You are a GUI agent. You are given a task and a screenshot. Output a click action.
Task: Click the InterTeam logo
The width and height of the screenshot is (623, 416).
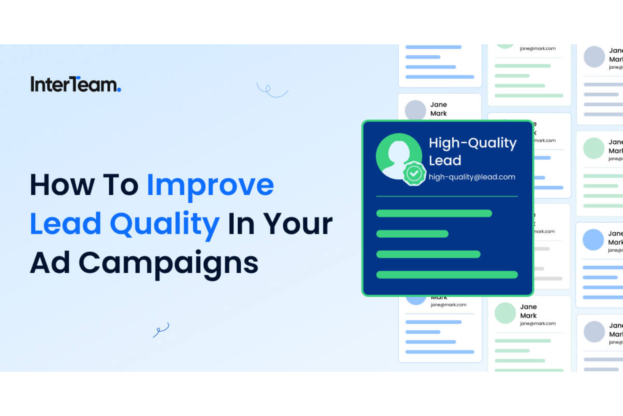[75, 84]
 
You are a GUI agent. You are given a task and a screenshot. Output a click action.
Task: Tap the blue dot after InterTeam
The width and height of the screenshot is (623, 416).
[119, 89]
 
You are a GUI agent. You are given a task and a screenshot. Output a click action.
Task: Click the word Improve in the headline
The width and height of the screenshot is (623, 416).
[210, 185]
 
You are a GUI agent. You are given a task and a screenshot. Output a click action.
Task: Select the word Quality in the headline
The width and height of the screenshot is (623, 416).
[165, 224]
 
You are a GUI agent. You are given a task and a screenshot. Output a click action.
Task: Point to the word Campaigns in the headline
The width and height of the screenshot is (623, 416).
[168, 263]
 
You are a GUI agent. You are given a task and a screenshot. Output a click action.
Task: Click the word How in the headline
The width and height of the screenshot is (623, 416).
[62, 185]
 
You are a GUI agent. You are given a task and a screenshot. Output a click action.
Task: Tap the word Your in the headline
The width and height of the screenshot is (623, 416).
[298, 224]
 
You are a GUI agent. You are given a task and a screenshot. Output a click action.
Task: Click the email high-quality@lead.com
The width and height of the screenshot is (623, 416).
[471, 177]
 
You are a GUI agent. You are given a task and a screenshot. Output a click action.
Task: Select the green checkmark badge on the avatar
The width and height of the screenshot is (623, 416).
[414, 173]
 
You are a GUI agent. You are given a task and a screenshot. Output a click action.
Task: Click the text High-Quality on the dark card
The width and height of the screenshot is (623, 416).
[472, 143]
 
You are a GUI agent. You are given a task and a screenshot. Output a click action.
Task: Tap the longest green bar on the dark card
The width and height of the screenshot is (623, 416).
[447, 275]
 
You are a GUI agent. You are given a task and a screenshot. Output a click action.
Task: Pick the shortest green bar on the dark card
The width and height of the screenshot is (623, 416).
[412, 234]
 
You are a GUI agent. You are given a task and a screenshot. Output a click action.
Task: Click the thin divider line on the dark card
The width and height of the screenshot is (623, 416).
[447, 196]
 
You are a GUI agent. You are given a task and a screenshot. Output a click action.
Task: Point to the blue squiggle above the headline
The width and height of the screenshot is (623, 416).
[272, 90]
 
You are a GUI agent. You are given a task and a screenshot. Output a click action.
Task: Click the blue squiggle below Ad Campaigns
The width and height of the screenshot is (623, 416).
[161, 330]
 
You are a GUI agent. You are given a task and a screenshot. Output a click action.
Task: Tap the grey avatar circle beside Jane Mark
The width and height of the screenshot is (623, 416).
[415, 110]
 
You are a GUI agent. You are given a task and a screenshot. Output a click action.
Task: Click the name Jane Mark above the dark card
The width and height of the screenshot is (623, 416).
[439, 109]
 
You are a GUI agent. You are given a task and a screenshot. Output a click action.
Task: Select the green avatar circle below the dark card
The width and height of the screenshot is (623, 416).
[505, 313]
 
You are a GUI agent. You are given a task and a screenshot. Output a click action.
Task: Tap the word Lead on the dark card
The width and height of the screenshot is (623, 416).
[445, 161]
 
